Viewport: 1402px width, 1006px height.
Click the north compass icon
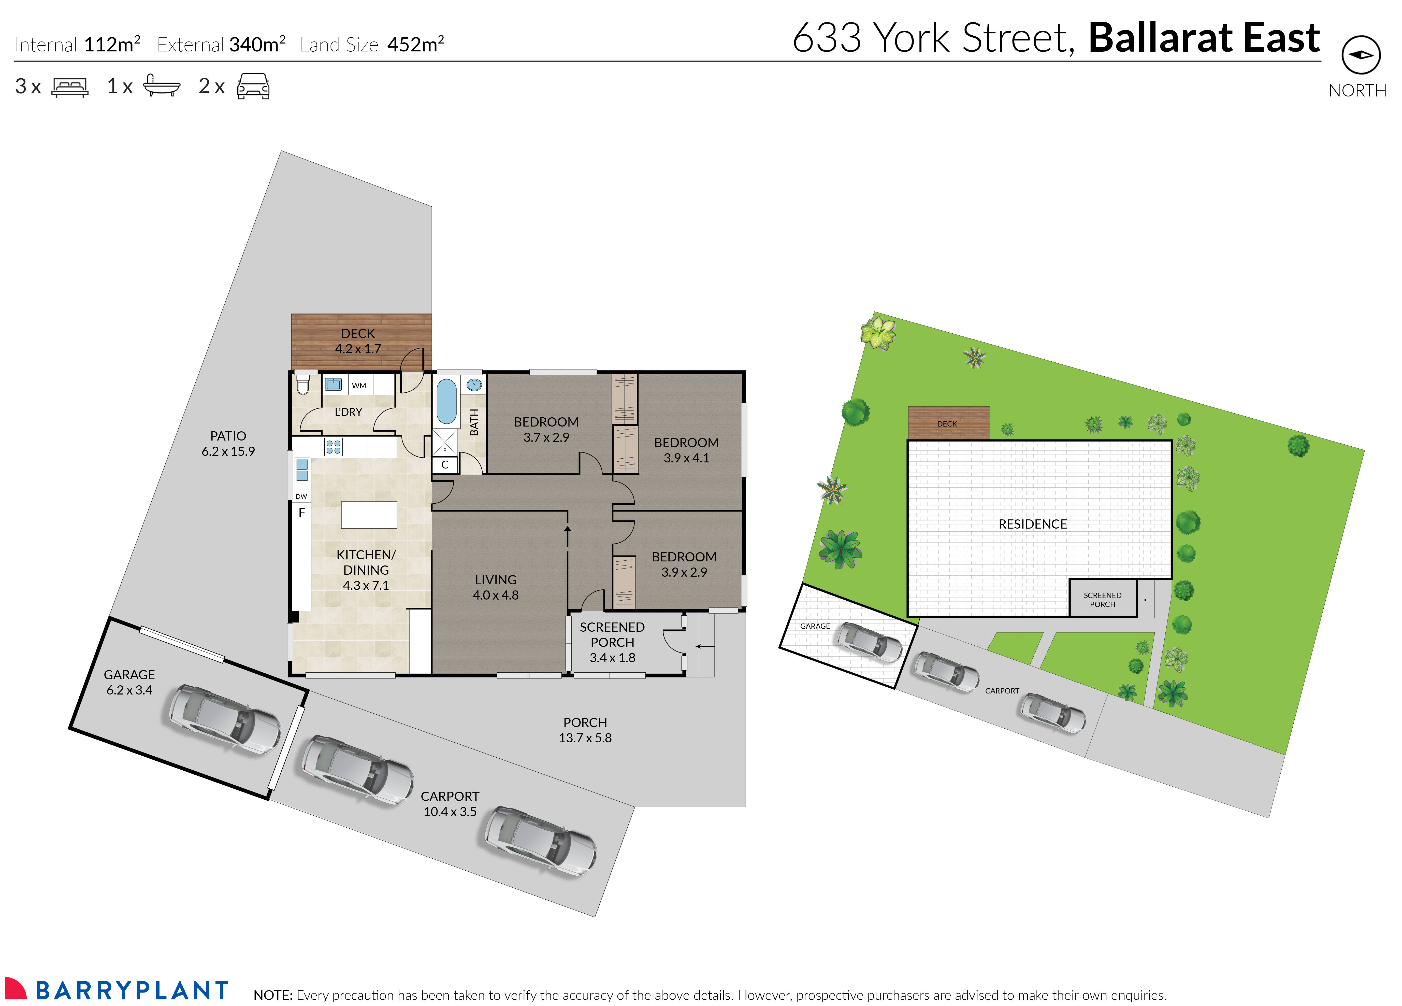(x=1361, y=55)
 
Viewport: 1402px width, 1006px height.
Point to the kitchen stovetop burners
(x=333, y=446)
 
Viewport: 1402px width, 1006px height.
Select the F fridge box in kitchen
(x=302, y=513)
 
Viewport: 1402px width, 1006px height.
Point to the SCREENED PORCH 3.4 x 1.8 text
(x=612, y=642)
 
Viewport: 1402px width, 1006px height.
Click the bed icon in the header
(x=70, y=87)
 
